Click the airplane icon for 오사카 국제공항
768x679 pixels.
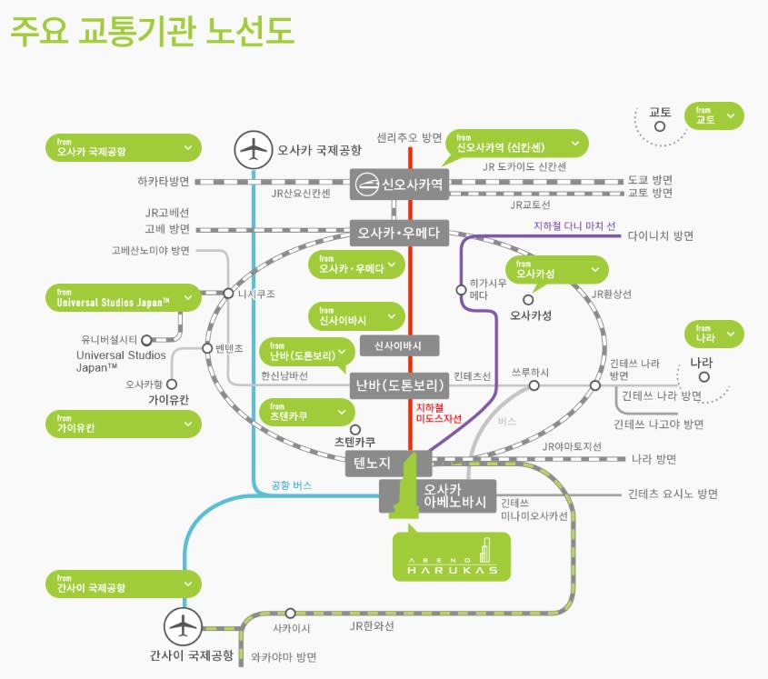click(254, 150)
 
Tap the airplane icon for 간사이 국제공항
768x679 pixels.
click(183, 627)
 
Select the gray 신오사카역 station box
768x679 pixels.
click(399, 184)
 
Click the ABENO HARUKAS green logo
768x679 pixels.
click(451, 556)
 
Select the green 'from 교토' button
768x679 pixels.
click(717, 115)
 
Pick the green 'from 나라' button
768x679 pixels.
click(715, 334)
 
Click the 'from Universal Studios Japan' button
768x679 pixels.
click(124, 298)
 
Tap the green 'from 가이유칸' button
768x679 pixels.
click(124, 424)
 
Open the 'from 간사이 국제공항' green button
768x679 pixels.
click(124, 584)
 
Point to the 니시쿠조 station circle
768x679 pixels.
click(228, 294)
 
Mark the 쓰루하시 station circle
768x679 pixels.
click(534, 385)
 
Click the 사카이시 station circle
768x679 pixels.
click(291, 614)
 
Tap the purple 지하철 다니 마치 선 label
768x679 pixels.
click(574, 225)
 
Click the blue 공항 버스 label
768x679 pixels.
click(291, 485)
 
